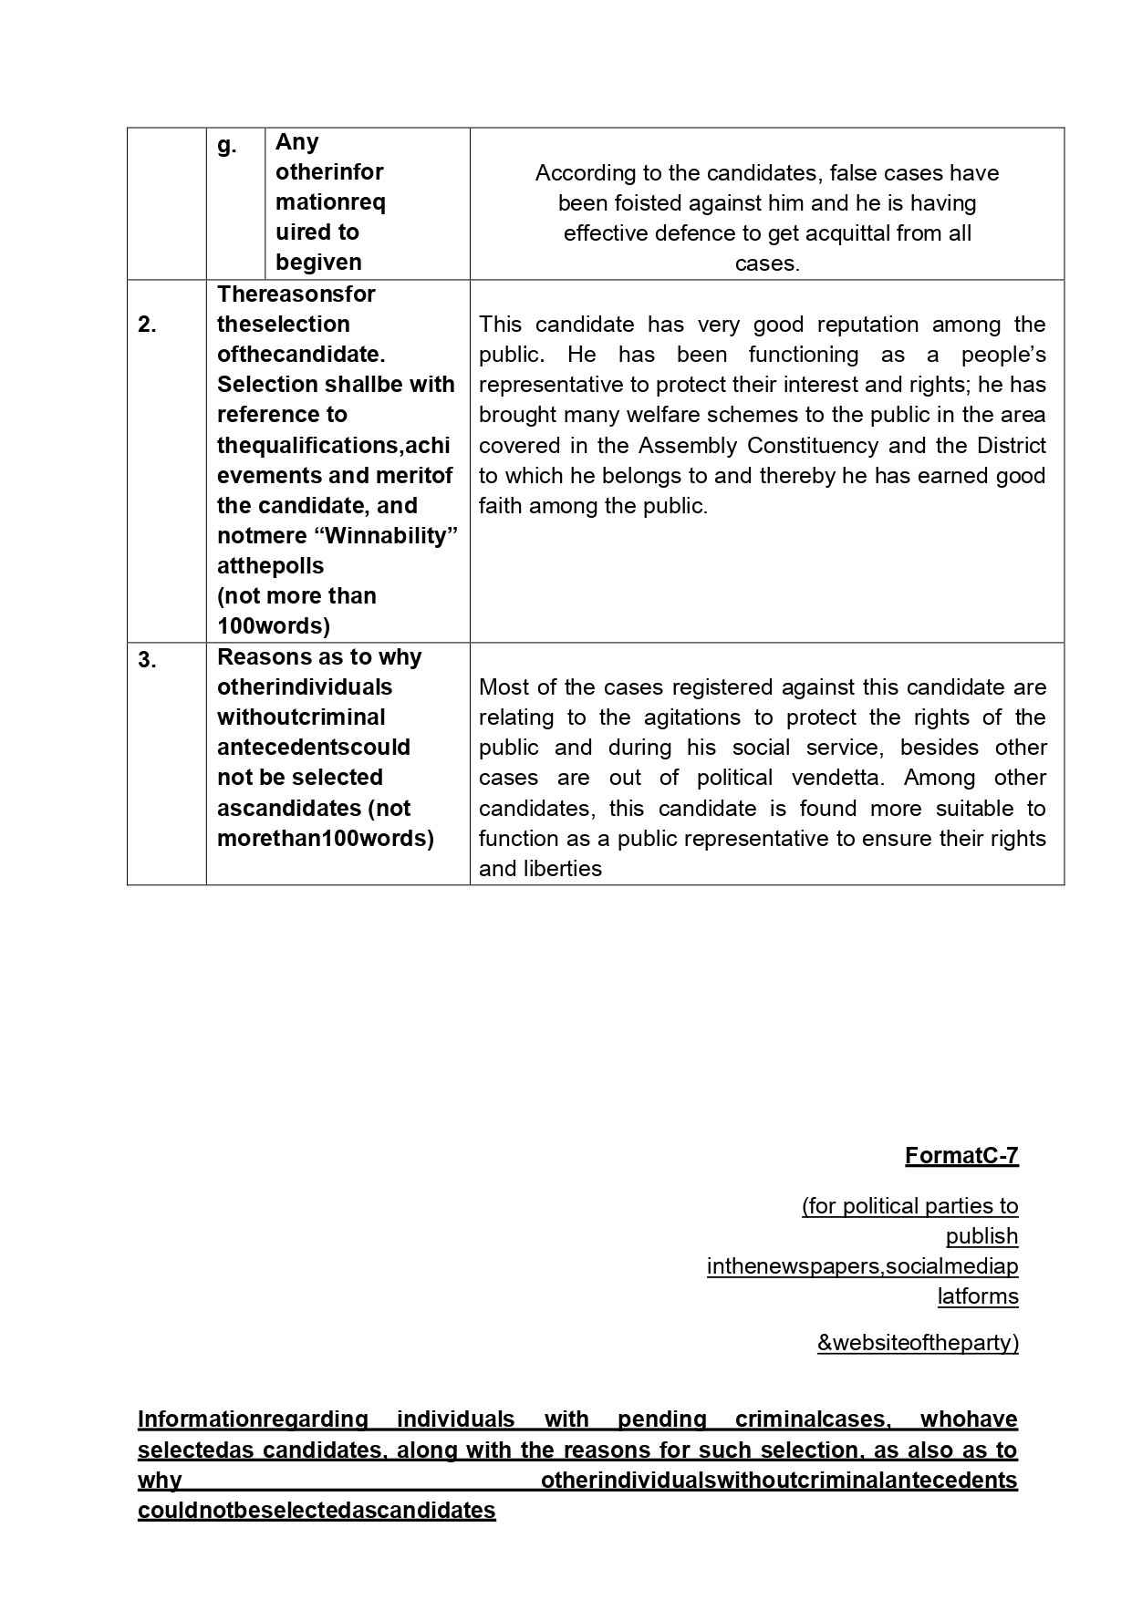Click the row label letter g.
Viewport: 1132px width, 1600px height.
pos(226,145)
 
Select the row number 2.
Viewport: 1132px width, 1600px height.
pos(147,325)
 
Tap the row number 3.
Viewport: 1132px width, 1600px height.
pos(147,660)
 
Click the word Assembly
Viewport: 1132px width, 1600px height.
pos(687,446)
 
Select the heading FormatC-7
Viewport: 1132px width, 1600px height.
pos(961,1156)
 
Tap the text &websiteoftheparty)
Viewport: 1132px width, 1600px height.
pos(918,1342)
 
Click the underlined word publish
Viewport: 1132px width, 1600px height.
pos(981,1236)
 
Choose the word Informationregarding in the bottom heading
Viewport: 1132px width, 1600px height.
pos(253,1419)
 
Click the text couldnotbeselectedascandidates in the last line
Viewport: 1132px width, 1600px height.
pos(317,1511)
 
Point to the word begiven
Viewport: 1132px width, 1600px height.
pos(318,263)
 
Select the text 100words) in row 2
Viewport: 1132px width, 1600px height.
pos(274,626)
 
